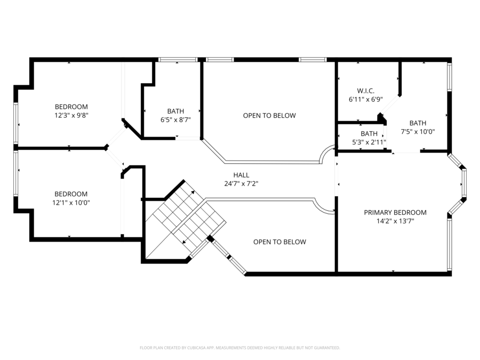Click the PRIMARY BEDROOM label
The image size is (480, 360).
pos(395,212)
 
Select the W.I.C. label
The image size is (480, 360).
pos(365,91)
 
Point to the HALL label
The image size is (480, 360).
pos(241,175)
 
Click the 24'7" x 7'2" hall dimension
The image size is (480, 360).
pos(241,183)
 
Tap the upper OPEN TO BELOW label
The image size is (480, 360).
pos(269,116)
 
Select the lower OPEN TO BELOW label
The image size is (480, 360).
pos(279,242)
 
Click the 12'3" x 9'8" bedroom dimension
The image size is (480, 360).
pos(71,115)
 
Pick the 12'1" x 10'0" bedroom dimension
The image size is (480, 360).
pos(71,202)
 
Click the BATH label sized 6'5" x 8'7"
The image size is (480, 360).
pos(175,111)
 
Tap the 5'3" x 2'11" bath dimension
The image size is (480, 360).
pos(369,142)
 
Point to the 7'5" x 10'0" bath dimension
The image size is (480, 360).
pos(418,131)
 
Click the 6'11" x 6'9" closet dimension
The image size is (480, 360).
pos(365,99)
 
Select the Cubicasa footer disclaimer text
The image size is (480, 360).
pos(239,348)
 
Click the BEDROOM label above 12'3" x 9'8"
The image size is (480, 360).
pos(71,107)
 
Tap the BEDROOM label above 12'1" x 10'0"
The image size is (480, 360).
pos(71,194)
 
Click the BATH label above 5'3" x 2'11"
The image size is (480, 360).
pos(369,134)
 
